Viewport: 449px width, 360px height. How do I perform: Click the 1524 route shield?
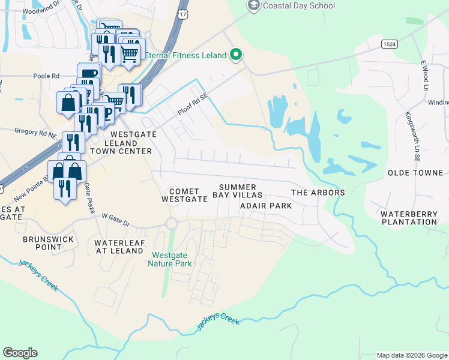[x=390, y=44]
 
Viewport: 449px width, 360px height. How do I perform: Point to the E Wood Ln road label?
[x=423, y=72]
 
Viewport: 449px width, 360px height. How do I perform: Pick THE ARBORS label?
[x=318, y=193]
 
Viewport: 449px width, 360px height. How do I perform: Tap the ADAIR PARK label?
[x=266, y=206]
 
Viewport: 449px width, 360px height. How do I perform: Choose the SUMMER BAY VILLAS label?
[x=238, y=191]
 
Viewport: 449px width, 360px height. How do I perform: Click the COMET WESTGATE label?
[x=180, y=194]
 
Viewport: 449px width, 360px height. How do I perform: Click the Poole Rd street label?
[x=47, y=76]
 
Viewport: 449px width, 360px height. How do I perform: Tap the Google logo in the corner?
[x=20, y=353]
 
